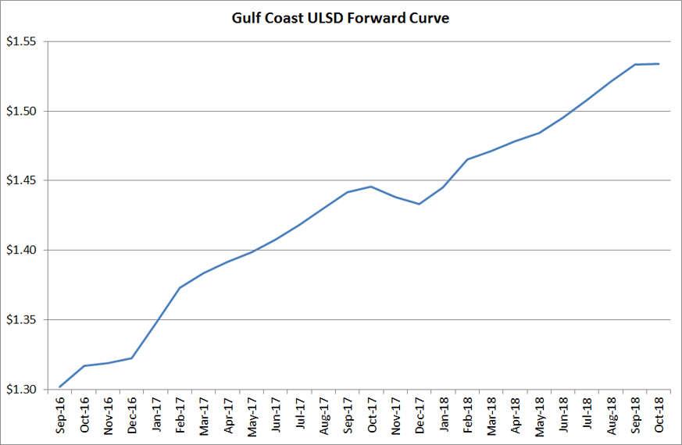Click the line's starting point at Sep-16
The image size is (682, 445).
pos(60,386)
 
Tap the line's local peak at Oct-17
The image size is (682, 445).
pos(371,187)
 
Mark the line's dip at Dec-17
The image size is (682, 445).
pos(420,204)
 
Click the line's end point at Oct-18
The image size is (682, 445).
pos(659,64)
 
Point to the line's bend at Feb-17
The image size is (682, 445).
pos(180,287)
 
